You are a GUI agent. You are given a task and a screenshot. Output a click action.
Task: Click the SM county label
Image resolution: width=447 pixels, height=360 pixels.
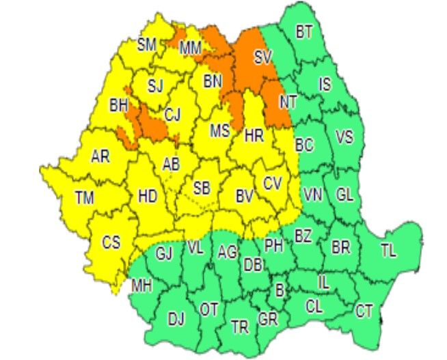click(147, 45)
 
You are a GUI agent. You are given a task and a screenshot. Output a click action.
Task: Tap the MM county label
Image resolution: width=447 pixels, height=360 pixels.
click(190, 48)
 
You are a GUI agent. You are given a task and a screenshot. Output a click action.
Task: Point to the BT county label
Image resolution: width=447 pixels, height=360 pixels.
click(304, 31)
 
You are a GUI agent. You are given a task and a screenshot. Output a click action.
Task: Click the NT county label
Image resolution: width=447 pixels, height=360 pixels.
click(288, 102)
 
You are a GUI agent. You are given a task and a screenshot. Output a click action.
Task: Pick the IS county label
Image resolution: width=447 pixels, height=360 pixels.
click(325, 85)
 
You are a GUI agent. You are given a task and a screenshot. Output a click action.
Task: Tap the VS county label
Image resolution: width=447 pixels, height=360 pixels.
click(344, 137)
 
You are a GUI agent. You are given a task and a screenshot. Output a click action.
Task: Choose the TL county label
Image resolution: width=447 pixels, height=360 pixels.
click(388, 251)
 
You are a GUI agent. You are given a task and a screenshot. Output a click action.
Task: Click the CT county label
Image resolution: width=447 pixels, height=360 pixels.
click(364, 311)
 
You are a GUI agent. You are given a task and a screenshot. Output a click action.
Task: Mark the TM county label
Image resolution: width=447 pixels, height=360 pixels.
click(84, 198)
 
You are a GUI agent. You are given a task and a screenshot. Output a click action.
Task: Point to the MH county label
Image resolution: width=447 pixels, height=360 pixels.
click(141, 284)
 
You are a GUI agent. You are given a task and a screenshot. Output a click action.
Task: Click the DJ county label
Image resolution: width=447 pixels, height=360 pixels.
click(176, 318)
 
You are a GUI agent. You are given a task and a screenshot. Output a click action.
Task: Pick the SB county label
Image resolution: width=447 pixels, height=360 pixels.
click(202, 188)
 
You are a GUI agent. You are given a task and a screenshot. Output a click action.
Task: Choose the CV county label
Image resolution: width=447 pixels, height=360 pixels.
click(272, 183)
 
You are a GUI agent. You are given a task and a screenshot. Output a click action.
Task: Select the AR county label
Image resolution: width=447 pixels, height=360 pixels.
click(100, 156)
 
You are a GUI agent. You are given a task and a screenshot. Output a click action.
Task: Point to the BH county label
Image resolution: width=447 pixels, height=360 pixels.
click(118, 105)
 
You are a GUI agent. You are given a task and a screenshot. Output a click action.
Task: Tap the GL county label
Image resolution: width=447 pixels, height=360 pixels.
click(344, 195)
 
